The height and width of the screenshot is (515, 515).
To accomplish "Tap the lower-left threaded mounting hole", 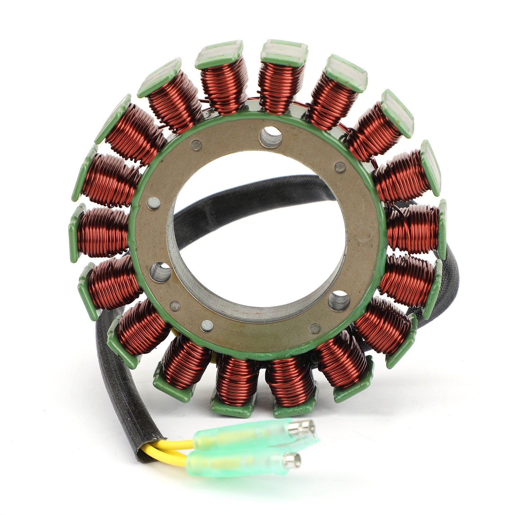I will tap(161, 272).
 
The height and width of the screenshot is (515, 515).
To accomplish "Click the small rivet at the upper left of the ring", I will tap(196, 145).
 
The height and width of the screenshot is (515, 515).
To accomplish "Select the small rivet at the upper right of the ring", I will tap(340, 167).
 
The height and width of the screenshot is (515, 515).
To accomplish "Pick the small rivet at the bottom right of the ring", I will tap(314, 328).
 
